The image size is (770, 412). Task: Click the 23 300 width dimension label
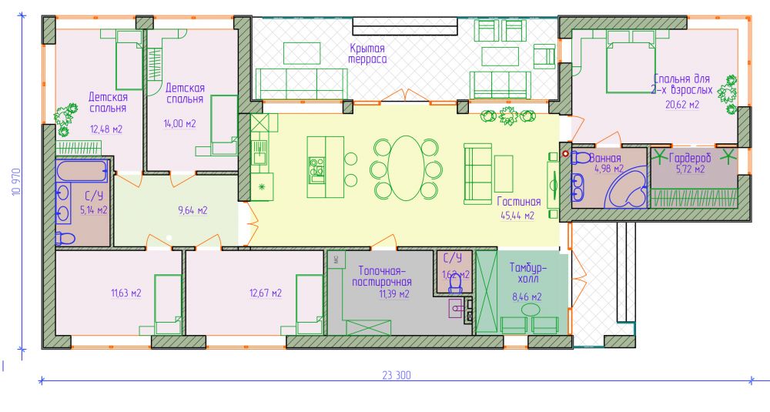(397, 376)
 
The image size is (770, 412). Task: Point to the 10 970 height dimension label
(16, 183)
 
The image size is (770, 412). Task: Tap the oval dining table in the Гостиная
(405, 169)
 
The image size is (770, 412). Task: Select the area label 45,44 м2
(517, 215)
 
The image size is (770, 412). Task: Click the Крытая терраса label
(367, 54)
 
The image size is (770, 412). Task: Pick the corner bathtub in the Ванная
(627, 187)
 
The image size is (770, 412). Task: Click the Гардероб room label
(689, 158)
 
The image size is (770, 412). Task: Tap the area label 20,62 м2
(682, 105)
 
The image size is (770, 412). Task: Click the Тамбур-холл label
(527, 273)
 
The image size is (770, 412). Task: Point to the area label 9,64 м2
(192, 210)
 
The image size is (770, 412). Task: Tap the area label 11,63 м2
(126, 293)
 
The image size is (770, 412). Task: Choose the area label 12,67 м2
(265, 293)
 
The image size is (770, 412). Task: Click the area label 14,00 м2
(179, 123)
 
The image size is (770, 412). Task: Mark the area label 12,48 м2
(106, 129)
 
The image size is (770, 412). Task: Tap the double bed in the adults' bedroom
(631, 62)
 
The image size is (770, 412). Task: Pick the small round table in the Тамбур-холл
(531, 310)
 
